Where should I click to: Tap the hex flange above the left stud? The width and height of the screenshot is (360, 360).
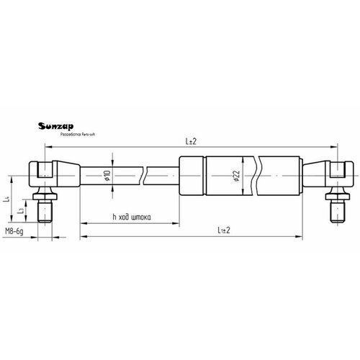pos(43,197)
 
